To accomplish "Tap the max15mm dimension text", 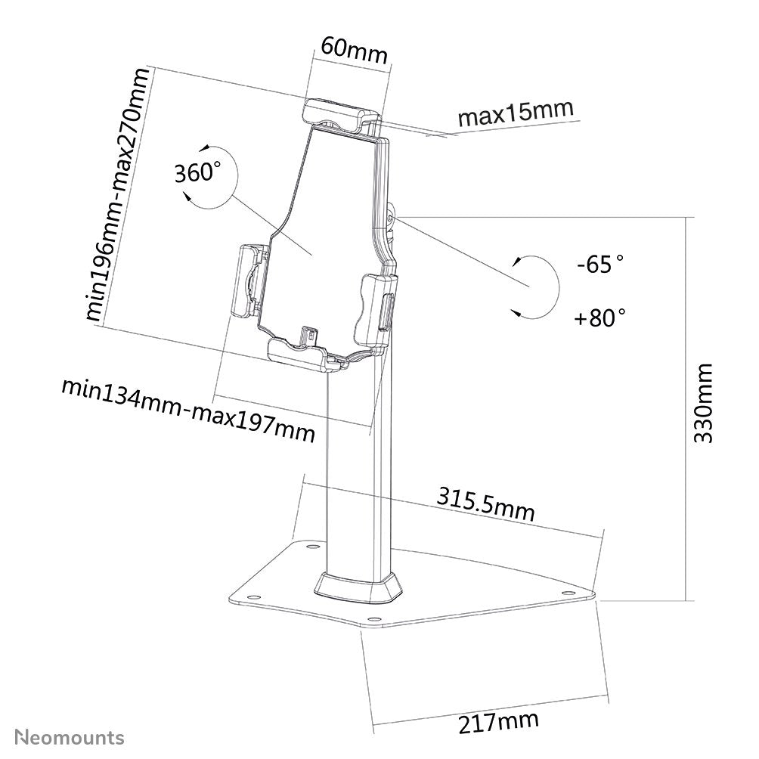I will point(516,113).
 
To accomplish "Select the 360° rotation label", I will point(198,173).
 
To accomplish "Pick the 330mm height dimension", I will point(702,404).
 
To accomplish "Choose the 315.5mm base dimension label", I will point(485,504).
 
